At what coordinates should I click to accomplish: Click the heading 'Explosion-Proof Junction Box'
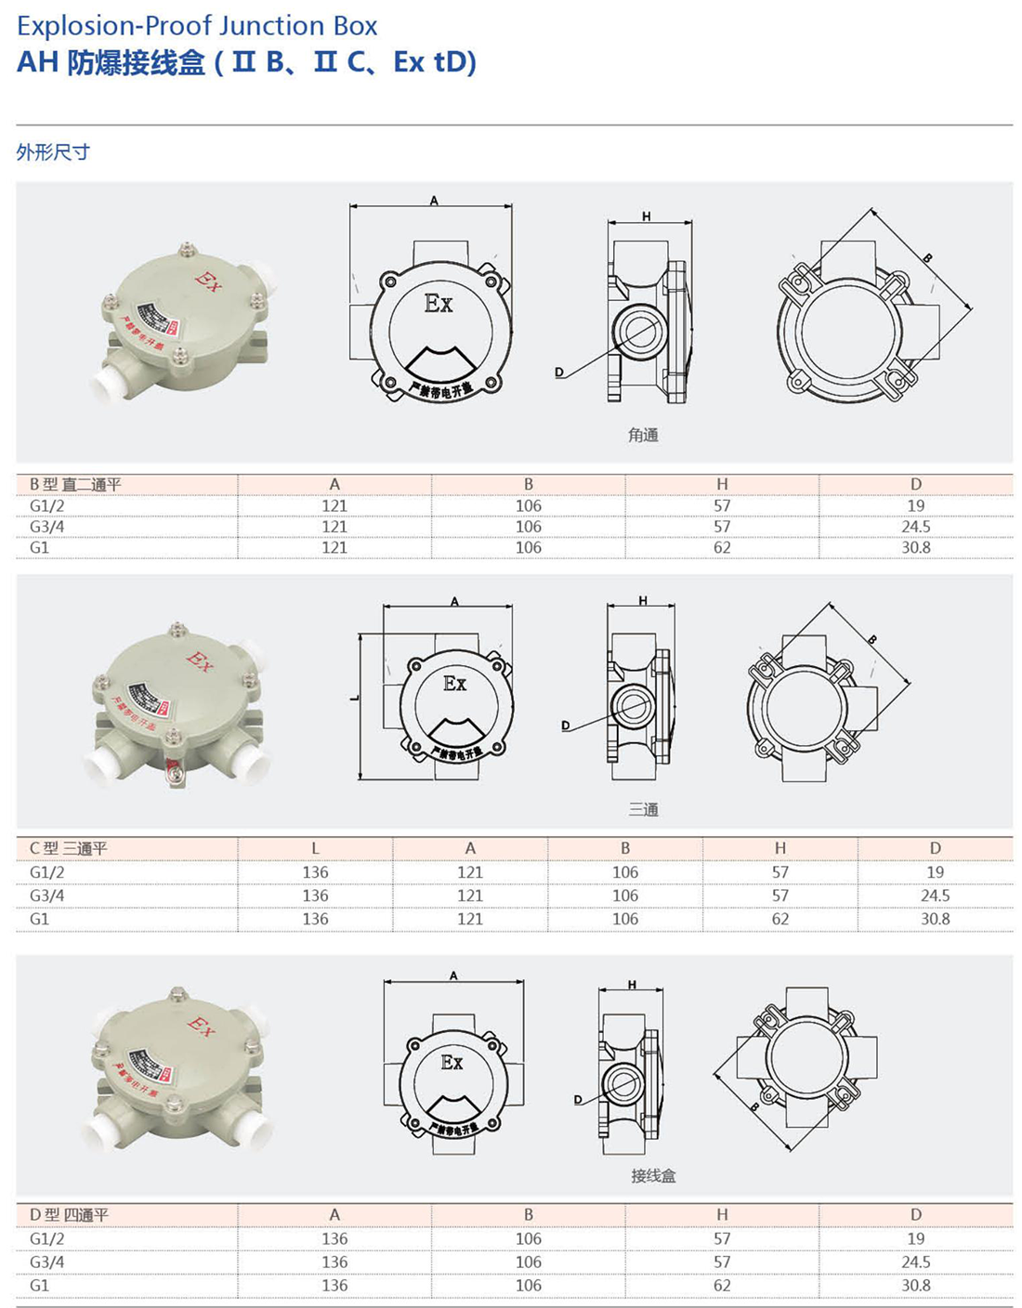(197, 26)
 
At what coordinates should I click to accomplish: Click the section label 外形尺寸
(53, 152)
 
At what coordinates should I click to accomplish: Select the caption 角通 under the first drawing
(643, 435)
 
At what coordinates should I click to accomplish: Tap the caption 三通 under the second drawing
(643, 810)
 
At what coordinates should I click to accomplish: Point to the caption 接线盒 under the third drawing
(653, 1176)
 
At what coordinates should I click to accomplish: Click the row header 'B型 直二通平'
(75, 484)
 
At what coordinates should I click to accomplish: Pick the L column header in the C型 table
(315, 848)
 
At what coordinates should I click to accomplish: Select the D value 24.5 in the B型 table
(915, 527)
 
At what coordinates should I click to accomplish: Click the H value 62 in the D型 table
(722, 1286)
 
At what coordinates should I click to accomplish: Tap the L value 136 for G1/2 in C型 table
(315, 872)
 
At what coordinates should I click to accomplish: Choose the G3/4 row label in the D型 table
(47, 1262)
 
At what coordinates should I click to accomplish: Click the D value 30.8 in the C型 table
(935, 919)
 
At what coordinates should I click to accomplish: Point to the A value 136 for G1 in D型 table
(334, 1286)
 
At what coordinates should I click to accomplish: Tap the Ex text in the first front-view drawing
(439, 304)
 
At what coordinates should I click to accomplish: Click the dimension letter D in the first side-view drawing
(558, 373)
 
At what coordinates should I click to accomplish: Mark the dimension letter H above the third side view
(632, 985)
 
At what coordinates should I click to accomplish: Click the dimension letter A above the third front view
(453, 975)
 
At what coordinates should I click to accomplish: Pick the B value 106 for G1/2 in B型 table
(528, 506)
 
